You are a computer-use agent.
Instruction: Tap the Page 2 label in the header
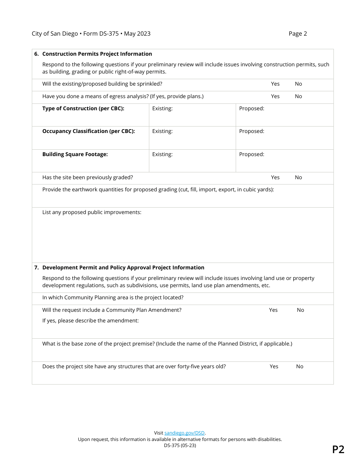click(297, 34)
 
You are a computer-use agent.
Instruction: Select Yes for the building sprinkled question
click(275, 84)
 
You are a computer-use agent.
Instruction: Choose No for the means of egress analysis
click(298, 96)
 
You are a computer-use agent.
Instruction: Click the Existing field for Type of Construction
click(192, 115)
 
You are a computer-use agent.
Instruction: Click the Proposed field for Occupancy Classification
click(284, 138)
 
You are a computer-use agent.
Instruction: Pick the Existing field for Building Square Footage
click(192, 161)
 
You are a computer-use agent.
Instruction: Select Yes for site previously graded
click(275, 177)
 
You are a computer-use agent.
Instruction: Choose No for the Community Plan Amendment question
click(300, 310)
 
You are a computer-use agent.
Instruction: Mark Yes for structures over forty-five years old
click(274, 366)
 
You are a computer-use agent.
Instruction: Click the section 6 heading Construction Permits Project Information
click(97, 54)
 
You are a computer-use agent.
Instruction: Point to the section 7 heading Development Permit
click(123, 267)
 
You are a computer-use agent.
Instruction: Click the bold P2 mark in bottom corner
click(338, 449)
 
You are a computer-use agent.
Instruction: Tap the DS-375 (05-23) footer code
click(180, 446)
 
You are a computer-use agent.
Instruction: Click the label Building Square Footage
click(75, 154)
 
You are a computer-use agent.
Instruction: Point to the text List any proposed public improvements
click(92, 212)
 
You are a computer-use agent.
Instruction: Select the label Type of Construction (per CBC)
click(83, 108)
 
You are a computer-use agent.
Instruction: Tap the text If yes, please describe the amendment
click(91, 321)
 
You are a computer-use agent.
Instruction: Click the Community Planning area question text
click(113, 297)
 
